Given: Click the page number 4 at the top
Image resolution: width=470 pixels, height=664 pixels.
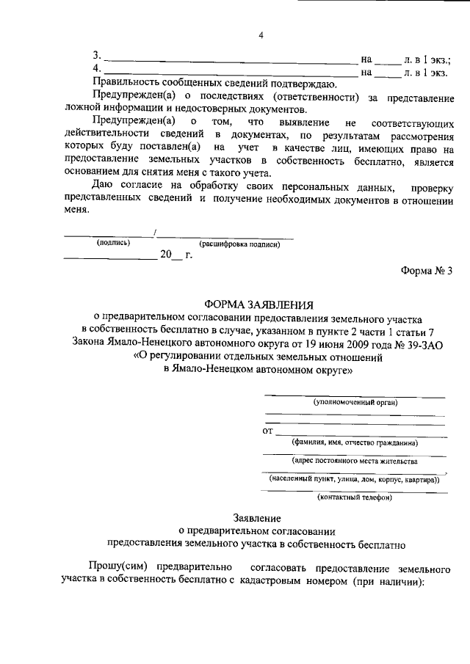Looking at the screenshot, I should pos(260,34).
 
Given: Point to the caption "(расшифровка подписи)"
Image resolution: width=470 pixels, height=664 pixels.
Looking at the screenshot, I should pos(239,244).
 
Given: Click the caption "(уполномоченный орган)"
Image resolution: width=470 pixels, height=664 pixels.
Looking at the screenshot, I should pos(355,403).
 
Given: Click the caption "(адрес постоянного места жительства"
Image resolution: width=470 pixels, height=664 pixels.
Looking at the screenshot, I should pos(354,461).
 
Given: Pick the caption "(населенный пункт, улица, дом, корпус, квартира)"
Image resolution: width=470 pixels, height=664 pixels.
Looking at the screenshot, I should pos(354,479).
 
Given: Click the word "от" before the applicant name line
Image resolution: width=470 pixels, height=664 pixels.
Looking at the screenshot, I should pos(267,430).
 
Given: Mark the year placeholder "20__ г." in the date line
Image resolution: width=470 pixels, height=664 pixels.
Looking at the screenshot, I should pos(176,255).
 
